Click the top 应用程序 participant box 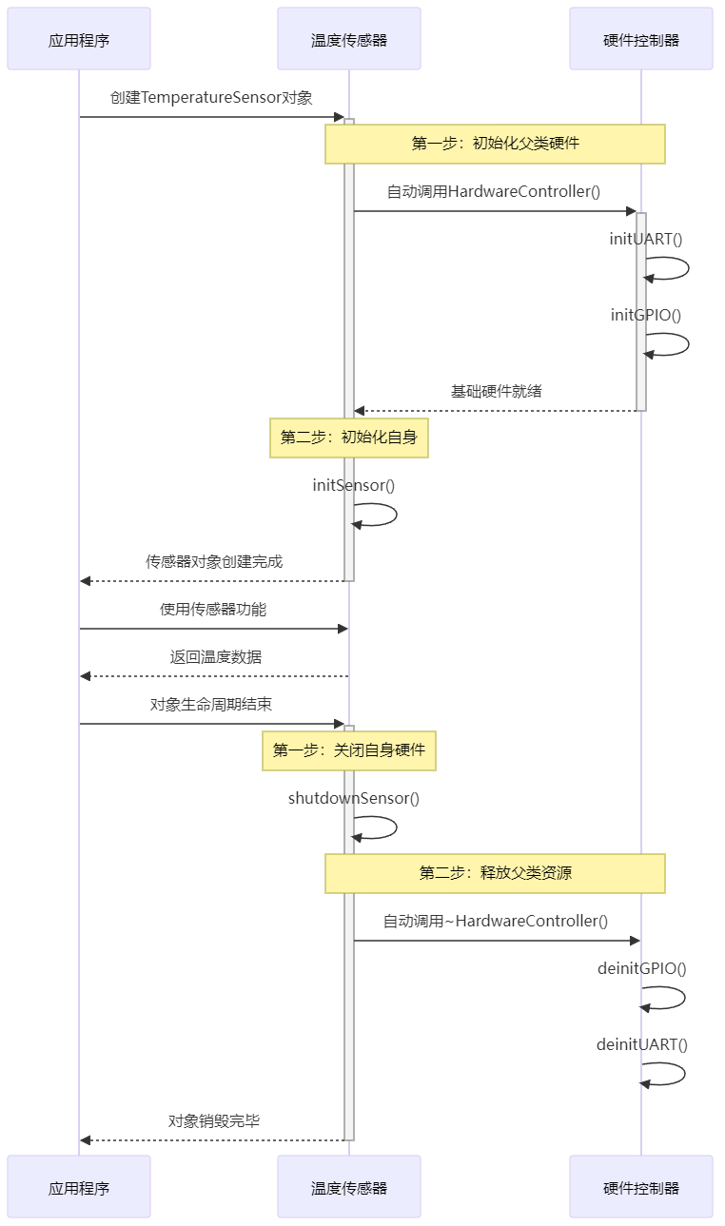(79, 39)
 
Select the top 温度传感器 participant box (349, 39)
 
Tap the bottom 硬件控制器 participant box (641, 1187)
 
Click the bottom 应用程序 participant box (79, 1187)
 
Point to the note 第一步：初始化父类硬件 (495, 144)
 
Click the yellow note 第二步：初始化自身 (349, 438)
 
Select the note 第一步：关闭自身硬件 (349, 751)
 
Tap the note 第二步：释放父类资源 (495, 873)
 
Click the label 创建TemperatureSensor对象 (211, 98)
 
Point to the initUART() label (646, 239)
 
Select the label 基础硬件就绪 (496, 391)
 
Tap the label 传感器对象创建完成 (214, 562)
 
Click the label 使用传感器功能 (213, 610)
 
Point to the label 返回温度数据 (216, 657)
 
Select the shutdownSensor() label (354, 799)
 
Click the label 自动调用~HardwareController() (495, 921)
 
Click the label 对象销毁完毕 (214, 1121)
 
